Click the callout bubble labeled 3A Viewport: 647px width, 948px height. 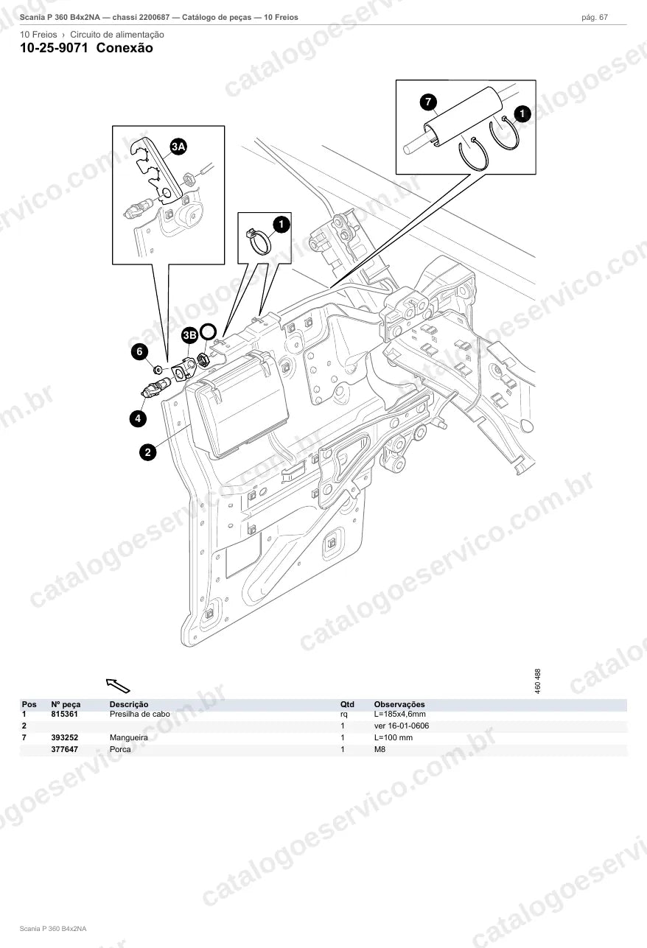[178, 147]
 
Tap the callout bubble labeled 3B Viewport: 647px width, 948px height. [189, 336]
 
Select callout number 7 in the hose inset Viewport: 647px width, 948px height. [428, 102]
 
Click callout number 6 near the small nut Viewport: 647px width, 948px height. [139, 351]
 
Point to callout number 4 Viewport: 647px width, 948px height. [138, 418]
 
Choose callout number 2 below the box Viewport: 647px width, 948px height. [147, 452]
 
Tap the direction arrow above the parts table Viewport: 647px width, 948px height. [118, 685]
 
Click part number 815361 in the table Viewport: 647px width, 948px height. [64, 714]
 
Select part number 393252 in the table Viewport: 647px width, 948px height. [64, 737]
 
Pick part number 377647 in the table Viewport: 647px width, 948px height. [64, 749]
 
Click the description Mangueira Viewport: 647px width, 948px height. [129, 737]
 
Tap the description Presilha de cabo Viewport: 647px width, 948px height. [140, 714]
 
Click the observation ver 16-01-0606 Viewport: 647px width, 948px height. [402, 726]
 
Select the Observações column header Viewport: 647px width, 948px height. [399, 704]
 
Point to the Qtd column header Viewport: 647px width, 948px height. [347, 704]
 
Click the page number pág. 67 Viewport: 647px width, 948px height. [595, 18]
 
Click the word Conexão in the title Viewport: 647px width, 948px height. [125, 48]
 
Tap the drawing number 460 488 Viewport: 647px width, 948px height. [538, 681]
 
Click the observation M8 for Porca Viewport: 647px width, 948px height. [380, 749]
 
